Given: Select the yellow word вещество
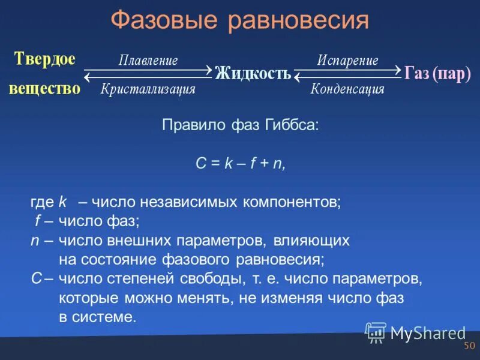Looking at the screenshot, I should [x=44, y=88].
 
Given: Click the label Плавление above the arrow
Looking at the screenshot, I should [x=148, y=61].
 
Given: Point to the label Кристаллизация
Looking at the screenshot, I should [x=148, y=89].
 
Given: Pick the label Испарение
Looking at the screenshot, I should [x=347, y=61].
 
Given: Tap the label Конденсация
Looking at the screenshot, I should [x=347, y=89].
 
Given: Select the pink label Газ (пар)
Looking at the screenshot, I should [x=438, y=73].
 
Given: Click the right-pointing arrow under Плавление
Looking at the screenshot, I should [x=148, y=70].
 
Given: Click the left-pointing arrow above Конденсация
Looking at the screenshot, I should [x=347, y=77].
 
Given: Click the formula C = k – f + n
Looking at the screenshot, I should [x=241, y=164].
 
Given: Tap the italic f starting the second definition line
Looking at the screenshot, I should [x=37, y=221].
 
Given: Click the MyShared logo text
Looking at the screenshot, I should [x=428, y=332].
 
